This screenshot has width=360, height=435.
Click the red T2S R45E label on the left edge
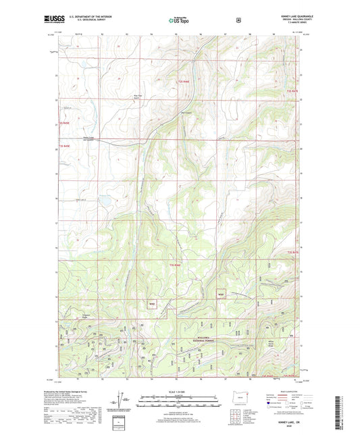point(63,124)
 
